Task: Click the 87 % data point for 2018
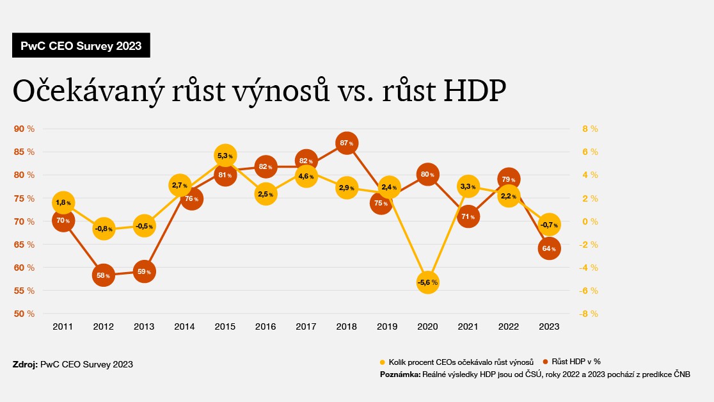pyautogui.click(x=346, y=143)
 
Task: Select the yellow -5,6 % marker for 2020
pyautogui.click(x=427, y=282)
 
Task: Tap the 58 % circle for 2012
pyautogui.click(x=103, y=276)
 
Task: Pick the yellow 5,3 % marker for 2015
pyautogui.click(x=225, y=156)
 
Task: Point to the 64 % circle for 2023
pyautogui.click(x=549, y=248)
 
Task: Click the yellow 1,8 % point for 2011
pyautogui.click(x=63, y=203)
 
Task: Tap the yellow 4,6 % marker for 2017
pyautogui.click(x=306, y=176)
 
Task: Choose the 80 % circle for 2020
pyautogui.click(x=427, y=173)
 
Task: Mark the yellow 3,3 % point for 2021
pyautogui.click(x=468, y=187)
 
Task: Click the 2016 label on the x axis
pyautogui.click(x=266, y=326)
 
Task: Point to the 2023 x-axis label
pyautogui.click(x=549, y=326)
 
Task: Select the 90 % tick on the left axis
pyautogui.click(x=24, y=129)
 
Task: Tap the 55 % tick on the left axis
pyautogui.click(x=24, y=291)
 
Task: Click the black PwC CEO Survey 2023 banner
pyautogui.click(x=81, y=45)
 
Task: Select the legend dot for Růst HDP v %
pyautogui.click(x=545, y=362)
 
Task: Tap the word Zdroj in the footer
pyautogui.click(x=24, y=364)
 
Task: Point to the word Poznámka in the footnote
pyautogui.click(x=399, y=374)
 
